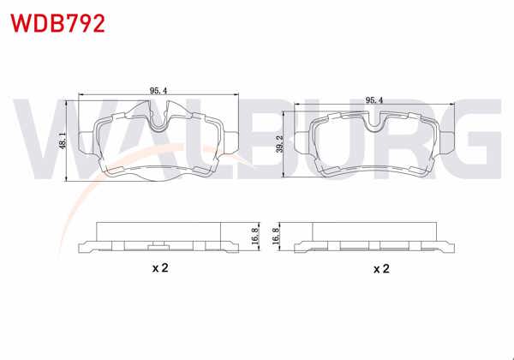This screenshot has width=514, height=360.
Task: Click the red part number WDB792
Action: coord(57,23)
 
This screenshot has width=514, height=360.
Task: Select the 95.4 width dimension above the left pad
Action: coord(158,89)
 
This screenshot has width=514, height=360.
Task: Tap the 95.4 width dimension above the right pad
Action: coord(374,100)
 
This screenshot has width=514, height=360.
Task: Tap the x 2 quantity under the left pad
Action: coord(159,268)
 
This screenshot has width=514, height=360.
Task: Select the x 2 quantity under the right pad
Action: coord(381,268)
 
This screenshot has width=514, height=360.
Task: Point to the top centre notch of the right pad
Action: coord(374,123)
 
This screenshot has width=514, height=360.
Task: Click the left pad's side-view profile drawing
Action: coord(158,239)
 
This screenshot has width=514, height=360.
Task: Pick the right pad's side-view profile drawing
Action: coord(374,239)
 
